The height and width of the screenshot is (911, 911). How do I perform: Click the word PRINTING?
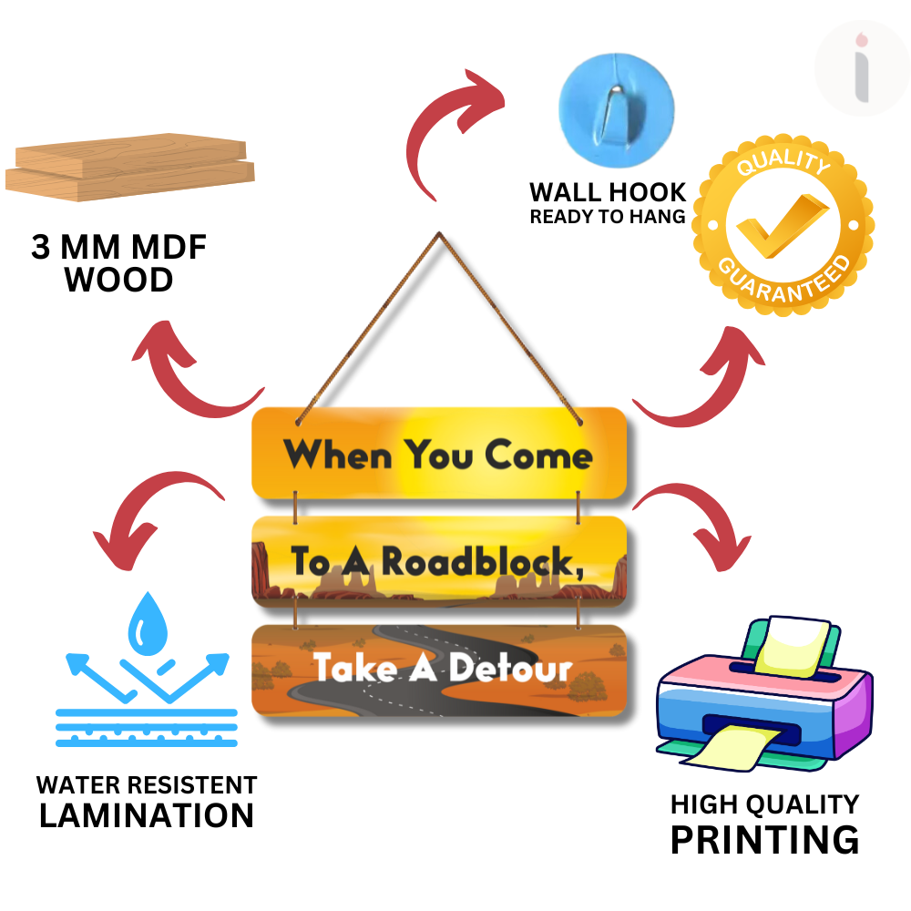[x=764, y=839]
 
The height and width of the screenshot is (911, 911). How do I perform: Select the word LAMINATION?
[x=146, y=815]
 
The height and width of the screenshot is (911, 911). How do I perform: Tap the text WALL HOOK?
[x=608, y=192]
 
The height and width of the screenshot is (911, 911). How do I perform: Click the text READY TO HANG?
[x=608, y=217]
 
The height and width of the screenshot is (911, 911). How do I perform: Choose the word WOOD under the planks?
[x=119, y=280]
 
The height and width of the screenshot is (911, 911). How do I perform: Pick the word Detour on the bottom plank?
[x=509, y=668]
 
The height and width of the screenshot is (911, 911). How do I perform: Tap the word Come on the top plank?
[x=537, y=454]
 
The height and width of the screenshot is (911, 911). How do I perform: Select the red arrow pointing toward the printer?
[x=692, y=528]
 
